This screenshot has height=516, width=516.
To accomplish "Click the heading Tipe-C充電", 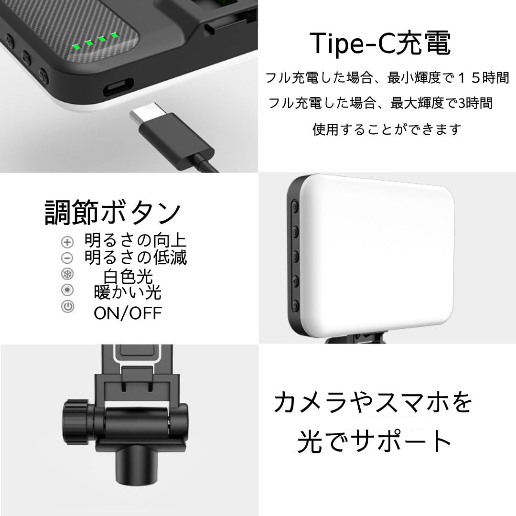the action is tap(380, 43).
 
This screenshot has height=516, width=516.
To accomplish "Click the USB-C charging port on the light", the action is tap(118, 86).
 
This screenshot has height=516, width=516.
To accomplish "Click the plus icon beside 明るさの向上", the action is tap(67, 242).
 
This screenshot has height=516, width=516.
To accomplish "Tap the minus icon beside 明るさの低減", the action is tap(67, 258).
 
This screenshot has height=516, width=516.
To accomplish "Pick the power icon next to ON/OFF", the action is tap(67, 306).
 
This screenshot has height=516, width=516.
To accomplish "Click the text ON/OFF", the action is tap(128, 313).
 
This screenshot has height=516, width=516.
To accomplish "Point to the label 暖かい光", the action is tap(128, 292).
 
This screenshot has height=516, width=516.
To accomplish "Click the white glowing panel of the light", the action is tap(378, 256).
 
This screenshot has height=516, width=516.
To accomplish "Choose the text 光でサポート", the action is tap(374, 441).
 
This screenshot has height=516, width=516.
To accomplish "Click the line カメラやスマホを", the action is tap(373, 402).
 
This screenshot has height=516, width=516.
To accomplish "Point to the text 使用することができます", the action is tap(387, 129).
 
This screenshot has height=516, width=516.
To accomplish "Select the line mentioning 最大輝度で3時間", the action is tap(380, 103).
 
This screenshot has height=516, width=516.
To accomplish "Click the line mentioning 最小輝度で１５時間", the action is tap(387, 78).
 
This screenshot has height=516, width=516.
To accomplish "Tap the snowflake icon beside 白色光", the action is tap(67, 274).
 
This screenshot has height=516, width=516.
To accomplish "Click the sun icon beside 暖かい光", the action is tap(67, 290).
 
